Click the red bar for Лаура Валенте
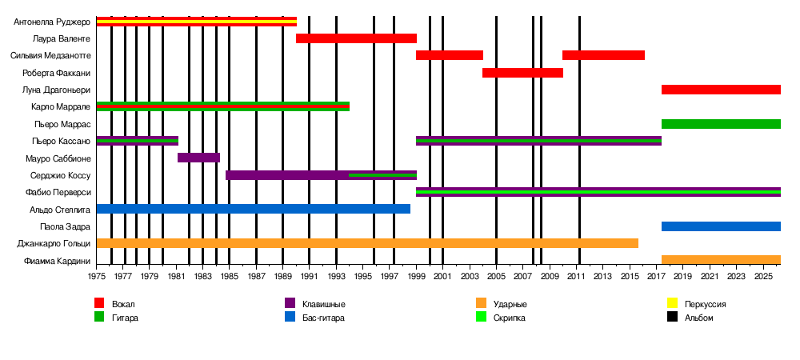pos(356,38)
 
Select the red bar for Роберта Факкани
pos(522,73)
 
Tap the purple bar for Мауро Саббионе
pos(198,158)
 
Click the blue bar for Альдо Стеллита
pos(253,209)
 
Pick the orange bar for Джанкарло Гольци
pos(367,243)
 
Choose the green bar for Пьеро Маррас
pos(721,124)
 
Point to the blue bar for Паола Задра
pos(721,226)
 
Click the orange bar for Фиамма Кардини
pos(721,260)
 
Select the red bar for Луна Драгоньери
pos(721,90)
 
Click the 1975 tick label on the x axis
pos(96,276)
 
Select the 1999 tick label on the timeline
pos(417,276)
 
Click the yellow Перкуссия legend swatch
pos(673,304)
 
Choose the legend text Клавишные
pos(324,304)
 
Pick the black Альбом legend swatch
pos(673,317)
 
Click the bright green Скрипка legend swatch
pos(481,317)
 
